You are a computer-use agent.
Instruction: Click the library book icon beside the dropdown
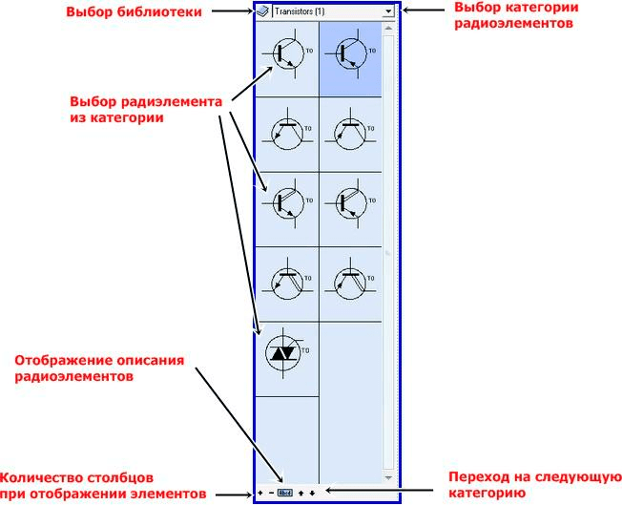(261, 11)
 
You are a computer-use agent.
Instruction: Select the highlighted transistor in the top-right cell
(349, 57)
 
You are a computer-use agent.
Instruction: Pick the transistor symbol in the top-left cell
(286, 57)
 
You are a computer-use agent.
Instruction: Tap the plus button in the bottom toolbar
(259, 493)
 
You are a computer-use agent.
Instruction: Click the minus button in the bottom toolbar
(271, 493)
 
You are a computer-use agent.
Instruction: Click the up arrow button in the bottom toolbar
(301, 493)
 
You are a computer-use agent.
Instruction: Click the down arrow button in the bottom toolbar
(312, 493)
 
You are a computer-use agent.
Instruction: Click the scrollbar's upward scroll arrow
(388, 28)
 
